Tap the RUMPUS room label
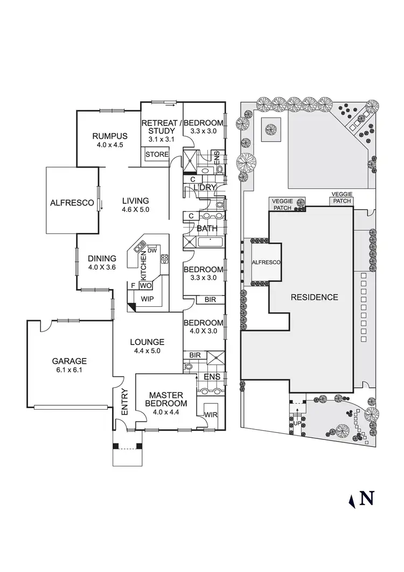coord(109,136)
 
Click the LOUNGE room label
coord(147,342)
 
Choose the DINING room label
coord(102,258)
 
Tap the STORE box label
coord(155,155)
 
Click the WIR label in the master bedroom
coord(211,415)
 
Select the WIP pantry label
coord(148,298)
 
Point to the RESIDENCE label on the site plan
coord(315,297)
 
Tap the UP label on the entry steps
coord(297,423)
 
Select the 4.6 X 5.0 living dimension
coord(135,209)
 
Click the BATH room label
coord(207,229)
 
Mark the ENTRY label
coord(125,402)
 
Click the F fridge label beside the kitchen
coord(132,285)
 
